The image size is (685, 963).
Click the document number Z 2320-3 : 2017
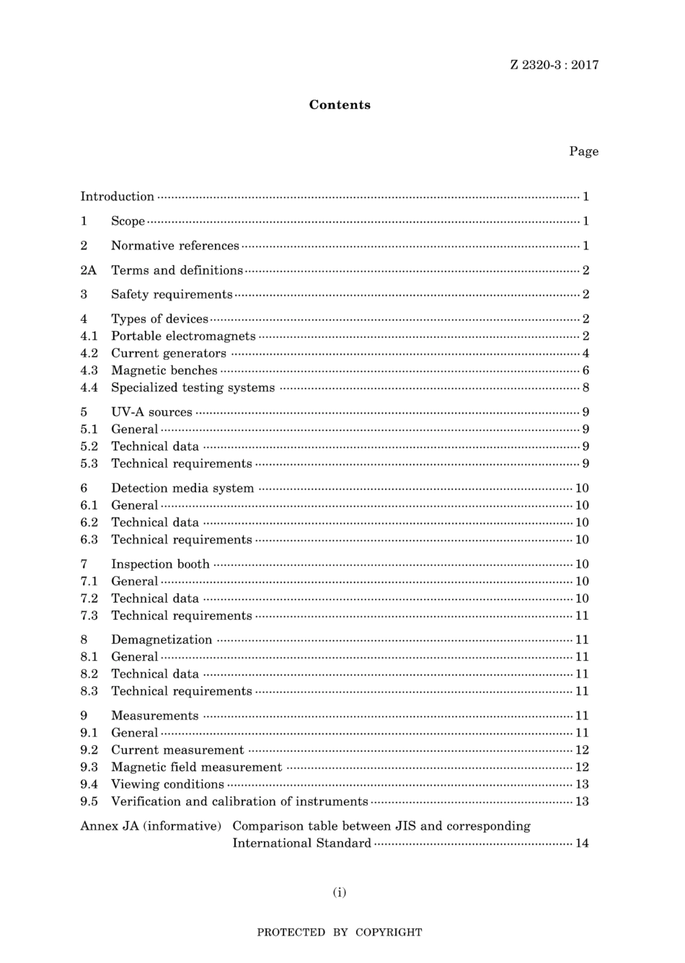tap(554, 65)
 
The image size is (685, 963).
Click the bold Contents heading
tap(340, 105)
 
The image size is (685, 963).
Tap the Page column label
tap(583, 151)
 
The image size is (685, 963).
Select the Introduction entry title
tap(117, 197)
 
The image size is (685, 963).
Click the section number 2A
tap(88, 270)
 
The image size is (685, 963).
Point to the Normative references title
tap(174, 246)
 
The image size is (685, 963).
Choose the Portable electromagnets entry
tap(183, 336)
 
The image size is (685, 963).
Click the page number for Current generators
tap(585, 353)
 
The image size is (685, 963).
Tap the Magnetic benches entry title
tap(164, 370)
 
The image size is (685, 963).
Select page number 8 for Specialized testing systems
tap(585, 388)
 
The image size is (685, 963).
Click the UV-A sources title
tap(151, 412)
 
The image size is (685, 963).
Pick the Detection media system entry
tap(182, 488)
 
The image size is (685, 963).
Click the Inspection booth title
tap(160, 564)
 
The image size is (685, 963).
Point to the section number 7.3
tap(89, 616)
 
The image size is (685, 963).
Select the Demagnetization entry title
tap(162, 640)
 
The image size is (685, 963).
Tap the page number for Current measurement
tap(582, 750)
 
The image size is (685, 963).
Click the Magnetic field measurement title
tap(196, 768)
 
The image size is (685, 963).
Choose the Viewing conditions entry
tap(167, 784)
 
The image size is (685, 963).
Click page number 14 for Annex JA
tap(582, 843)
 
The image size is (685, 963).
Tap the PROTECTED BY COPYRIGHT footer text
tap(340, 933)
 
